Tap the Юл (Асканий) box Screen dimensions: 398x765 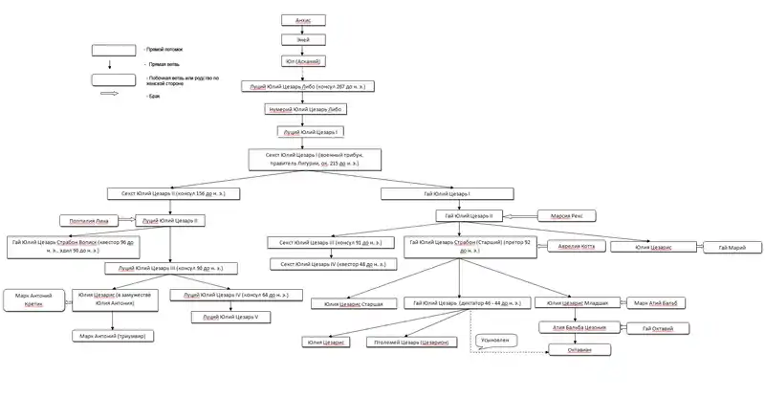click(x=301, y=61)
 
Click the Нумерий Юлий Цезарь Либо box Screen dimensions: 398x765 click(x=305, y=110)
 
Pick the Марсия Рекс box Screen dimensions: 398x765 click(x=566, y=216)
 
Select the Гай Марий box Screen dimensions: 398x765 click(x=731, y=248)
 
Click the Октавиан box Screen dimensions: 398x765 click(x=571, y=350)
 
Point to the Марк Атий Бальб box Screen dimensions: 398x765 click(x=661, y=303)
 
